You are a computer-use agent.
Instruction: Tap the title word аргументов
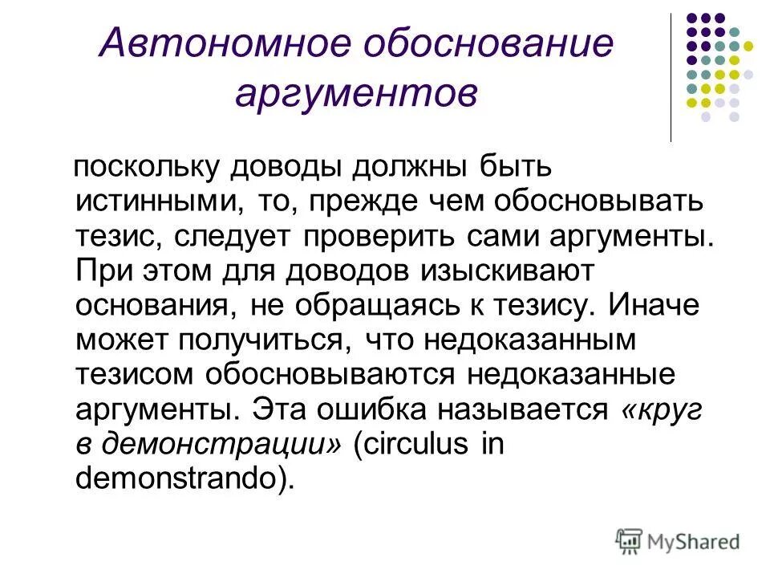[x=356, y=94]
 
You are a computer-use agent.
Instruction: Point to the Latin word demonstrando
[x=180, y=478]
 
